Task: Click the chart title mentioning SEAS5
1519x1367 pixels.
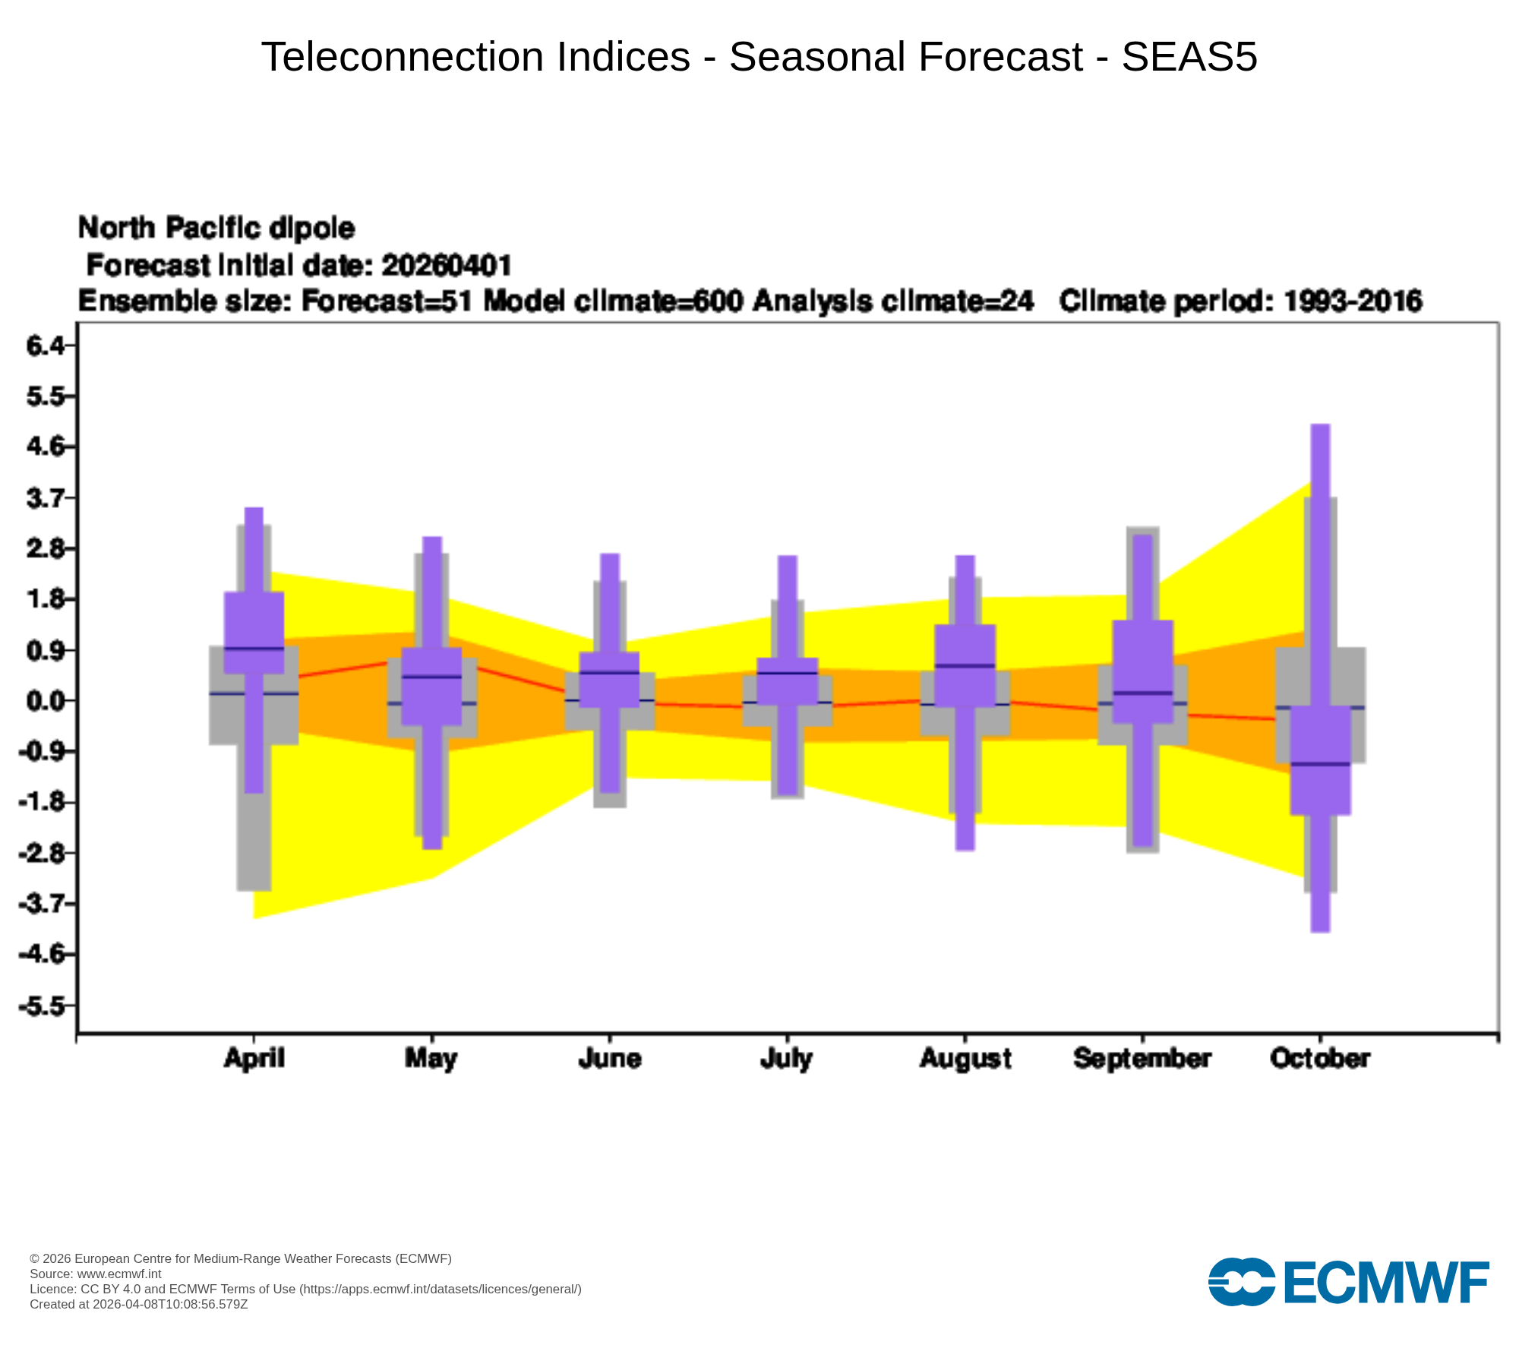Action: (x=759, y=57)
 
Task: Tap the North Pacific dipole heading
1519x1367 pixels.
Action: (x=216, y=228)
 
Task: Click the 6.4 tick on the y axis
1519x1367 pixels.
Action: (x=39, y=346)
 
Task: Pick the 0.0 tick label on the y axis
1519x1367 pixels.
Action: (x=39, y=700)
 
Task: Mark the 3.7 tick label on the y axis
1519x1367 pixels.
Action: (x=39, y=498)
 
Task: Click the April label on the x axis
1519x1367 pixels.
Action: (x=254, y=1059)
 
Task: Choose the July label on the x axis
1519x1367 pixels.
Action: (x=787, y=1059)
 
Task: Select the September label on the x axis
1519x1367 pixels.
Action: (x=1142, y=1059)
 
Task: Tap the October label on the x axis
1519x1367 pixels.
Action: (x=1320, y=1059)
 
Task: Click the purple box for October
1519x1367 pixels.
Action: (x=1321, y=760)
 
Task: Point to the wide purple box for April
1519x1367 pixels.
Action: (x=254, y=633)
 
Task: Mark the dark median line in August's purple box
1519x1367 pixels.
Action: (x=965, y=665)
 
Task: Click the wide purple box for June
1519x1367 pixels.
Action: (x=609, y=680)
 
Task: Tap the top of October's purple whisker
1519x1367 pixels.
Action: (x=1321, y=425)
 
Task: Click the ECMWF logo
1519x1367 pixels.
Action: (x=1349, y=1283)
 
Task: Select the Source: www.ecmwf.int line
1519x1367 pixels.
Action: (x=96, y=1274)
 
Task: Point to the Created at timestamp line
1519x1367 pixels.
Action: (x=139, y=1304)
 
